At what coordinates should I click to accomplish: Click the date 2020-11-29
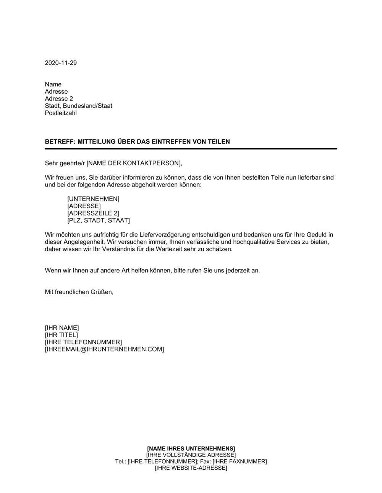coord(61,63)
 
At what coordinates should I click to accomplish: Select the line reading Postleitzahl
coord(61,113)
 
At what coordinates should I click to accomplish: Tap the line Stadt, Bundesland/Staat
coord(78,106)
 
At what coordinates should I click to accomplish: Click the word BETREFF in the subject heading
coord(60,142)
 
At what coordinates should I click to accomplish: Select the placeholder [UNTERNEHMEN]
coord(93,199)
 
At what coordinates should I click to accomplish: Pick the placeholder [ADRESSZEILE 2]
coord(93,213)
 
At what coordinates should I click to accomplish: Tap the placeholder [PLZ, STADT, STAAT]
coord(99,221)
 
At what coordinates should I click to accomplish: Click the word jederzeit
coord(234,271)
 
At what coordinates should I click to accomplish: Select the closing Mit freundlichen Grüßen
coord(79,292)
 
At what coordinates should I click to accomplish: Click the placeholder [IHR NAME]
coord(62,328)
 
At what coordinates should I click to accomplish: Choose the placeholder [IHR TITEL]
coord(61,335)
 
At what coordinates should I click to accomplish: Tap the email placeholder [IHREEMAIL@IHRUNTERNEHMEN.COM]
coord(104,349)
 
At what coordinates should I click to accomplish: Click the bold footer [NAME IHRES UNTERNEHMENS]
coord(191,448)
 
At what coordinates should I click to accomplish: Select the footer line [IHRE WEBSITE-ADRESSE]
coord(191,468)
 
